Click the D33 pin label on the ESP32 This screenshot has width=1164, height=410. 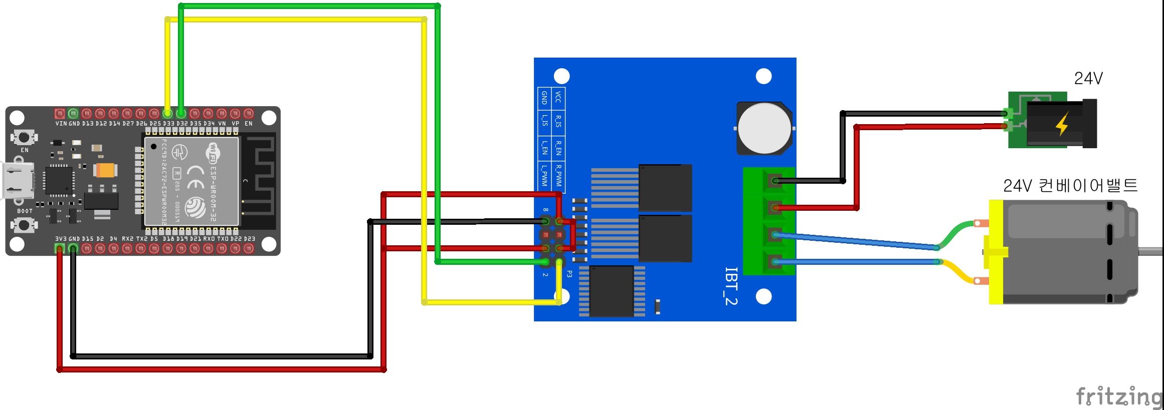click(168, 124)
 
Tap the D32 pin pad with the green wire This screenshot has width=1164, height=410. click(181, 114)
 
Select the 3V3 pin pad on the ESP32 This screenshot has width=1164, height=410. click(60, 248)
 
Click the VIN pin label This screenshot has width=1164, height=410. click(61, 124)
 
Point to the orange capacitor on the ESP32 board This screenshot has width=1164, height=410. click(106, 170)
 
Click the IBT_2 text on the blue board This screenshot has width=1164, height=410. click(731, 286)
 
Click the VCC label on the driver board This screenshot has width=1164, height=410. click(558, 97)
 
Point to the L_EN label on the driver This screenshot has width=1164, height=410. click(544, 148)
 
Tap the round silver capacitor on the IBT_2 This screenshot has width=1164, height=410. click(764, 128)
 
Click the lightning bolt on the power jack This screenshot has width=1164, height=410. click(1062, 125)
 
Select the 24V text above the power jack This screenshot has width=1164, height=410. click(1088, 79)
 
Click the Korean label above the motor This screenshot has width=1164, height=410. click(1070, 186)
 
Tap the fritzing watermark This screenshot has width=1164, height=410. click(1118, 396)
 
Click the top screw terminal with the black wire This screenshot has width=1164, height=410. click(775, 181)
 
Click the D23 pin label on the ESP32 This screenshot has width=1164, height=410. click(250, 239)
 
